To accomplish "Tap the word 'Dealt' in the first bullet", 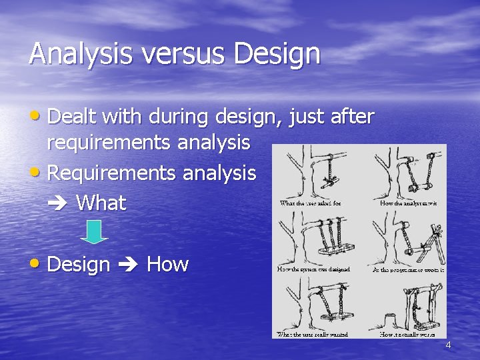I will click(73, 117).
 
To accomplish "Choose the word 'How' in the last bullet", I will click(167, 265).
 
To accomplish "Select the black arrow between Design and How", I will click(128, 265).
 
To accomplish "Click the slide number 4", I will click(448, 345).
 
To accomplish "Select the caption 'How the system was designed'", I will click(313, 269).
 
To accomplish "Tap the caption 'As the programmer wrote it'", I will click(408, 269).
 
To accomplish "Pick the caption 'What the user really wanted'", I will click(313, 333).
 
